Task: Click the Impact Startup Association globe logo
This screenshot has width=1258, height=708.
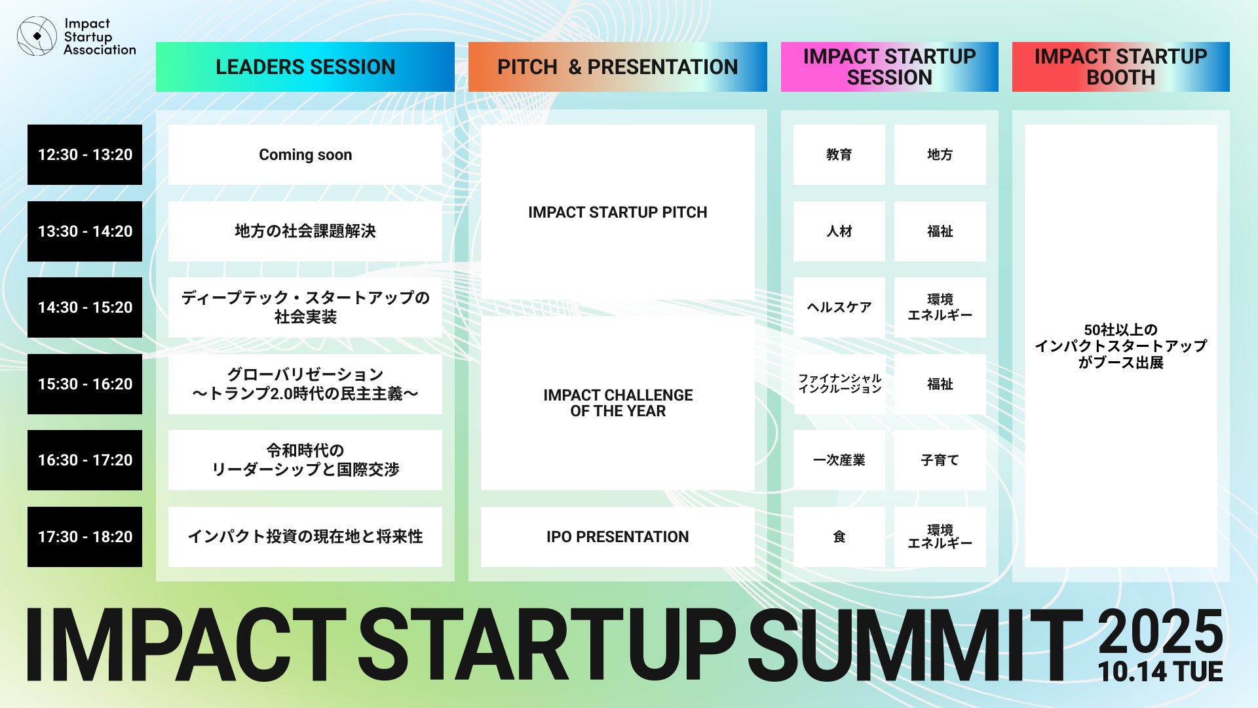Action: [x=37, y=36]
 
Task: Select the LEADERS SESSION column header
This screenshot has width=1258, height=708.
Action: [x=305, y=67]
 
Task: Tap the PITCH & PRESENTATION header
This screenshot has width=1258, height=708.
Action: [x=617, y=67]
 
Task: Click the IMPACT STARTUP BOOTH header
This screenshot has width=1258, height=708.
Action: [x=1120, y=67]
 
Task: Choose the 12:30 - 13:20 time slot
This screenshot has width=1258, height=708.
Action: [x=85, y=155]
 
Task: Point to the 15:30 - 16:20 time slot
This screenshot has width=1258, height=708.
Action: [x=85, y=384]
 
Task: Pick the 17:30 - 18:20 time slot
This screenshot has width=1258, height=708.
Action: [x=85, y=537]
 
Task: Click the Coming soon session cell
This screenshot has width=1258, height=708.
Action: [x=305, y=155]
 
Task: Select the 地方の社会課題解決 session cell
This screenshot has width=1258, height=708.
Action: [x=305, y=231]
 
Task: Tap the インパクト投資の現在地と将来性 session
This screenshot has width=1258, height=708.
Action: [x=305, y=537]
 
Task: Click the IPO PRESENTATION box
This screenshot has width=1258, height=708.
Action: [x=618, y=537]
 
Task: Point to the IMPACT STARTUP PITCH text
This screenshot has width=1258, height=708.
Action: [x=618, y=212]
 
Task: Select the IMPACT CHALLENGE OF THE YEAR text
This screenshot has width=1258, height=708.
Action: [x=618, y=403]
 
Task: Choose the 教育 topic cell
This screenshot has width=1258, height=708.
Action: [x=839, y=155]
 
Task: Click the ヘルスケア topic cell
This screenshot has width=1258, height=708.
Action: [x=839, y=307]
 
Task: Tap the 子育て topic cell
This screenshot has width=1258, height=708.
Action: [x=940, y=460]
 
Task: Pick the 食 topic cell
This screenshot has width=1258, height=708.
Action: [x=839, y=537]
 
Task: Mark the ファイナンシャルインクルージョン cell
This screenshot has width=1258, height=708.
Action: [x=839, y=384]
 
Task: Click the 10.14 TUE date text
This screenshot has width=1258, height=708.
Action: [x=1160, y=672]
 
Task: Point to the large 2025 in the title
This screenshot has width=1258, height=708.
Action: [x=1160, y=631]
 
